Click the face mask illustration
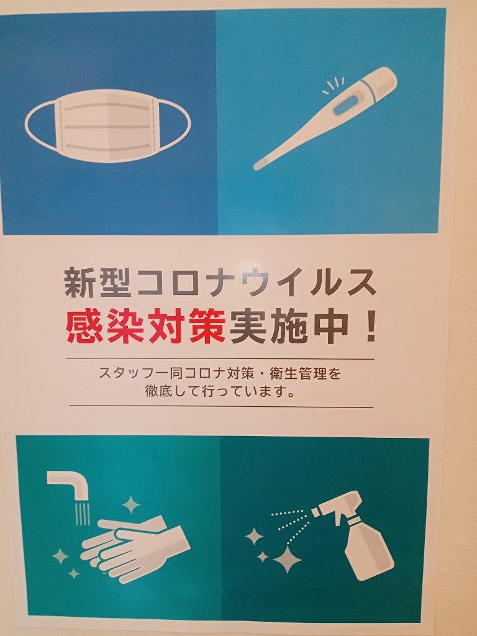point(107,125)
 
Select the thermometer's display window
point(345,104)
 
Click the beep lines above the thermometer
point(334,85)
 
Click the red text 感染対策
point(145,325)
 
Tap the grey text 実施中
point(289,325)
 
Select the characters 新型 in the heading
point(98,283)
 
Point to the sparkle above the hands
point(131,505)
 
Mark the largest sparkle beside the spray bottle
point(287,560)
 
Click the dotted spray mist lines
point(289,523)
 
